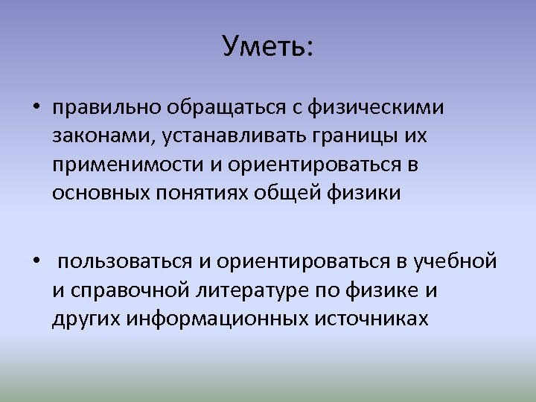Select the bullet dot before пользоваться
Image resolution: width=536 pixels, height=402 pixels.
[x=36, y=263]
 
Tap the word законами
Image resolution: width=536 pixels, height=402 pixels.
[x=92, y=137]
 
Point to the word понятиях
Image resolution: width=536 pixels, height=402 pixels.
[x=202, y=194]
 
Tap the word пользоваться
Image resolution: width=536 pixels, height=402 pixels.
[x=125, y=263]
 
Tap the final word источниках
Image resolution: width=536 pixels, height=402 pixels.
[x=371, y=319]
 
